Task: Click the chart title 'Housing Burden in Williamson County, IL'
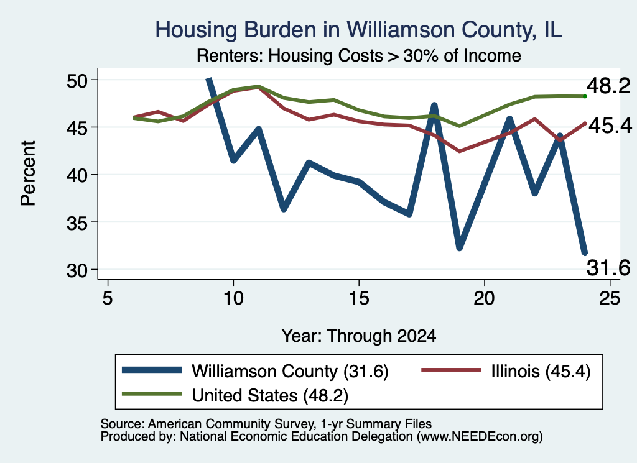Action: point(359,30)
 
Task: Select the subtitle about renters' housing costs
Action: point(359,55)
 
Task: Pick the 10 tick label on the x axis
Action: point(233,298)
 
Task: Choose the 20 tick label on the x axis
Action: point(484,298)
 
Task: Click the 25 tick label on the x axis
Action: point(610,298)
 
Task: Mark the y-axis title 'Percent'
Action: point(28,173)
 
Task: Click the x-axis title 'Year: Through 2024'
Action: point(359,336)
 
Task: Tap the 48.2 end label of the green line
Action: point(608,86)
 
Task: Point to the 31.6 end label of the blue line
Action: point(608,268)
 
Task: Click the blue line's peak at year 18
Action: point(434,106)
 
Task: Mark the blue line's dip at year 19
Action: point(460,247)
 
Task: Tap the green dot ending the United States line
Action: point(585,96)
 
